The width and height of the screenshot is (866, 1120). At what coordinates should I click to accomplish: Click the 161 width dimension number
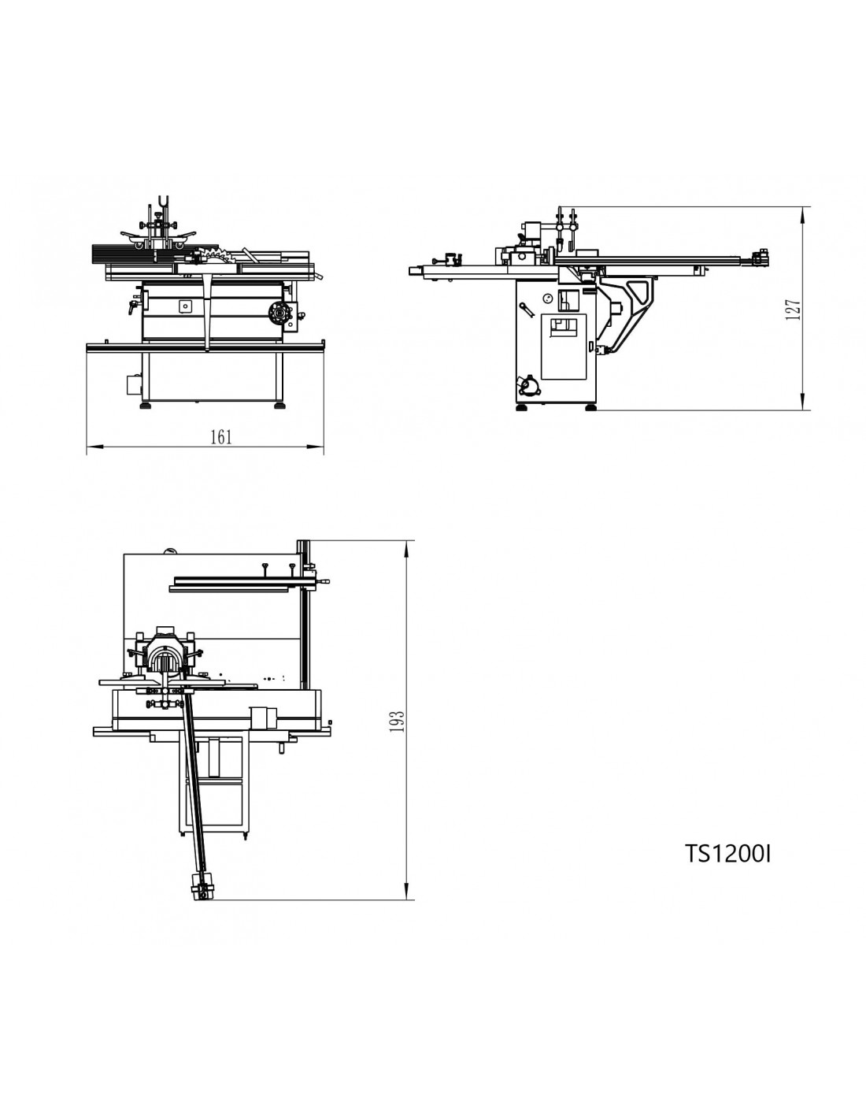click(221, 437)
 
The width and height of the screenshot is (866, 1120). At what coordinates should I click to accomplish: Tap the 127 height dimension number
click(793, 310)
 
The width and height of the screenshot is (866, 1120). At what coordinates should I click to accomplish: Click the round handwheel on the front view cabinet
click(279, 313)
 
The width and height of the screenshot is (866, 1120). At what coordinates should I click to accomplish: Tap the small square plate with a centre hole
click(185, 306)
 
